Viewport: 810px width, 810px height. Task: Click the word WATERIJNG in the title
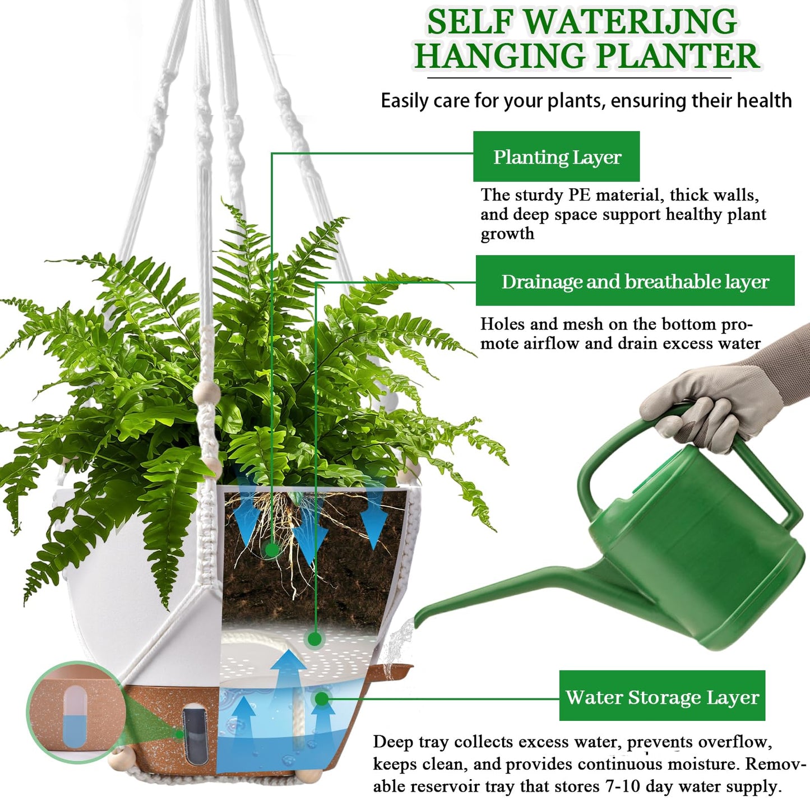click(630, 22)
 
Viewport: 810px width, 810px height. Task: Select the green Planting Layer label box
click(556, 156)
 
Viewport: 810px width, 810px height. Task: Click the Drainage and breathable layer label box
click(635, 281)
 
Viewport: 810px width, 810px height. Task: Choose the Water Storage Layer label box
click(661, 696)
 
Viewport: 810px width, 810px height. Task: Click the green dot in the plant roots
click(272, 550)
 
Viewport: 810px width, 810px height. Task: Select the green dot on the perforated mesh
click(314, 639)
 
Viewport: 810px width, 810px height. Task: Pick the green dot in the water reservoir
click(321, 698)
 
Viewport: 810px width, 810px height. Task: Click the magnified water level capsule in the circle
click(74, 712)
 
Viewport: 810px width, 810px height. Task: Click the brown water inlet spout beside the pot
click(396, 670)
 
